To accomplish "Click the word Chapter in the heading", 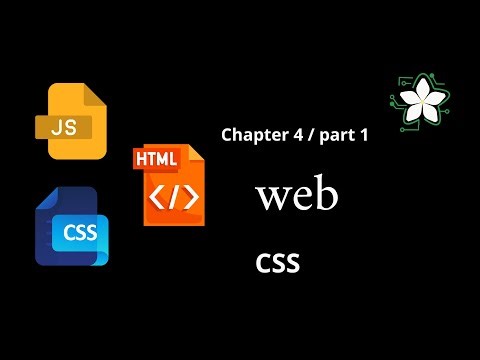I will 252,135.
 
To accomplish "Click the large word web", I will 297,196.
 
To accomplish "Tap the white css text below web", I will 278,262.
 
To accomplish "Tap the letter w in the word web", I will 272,197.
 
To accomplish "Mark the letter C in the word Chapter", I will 226,135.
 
